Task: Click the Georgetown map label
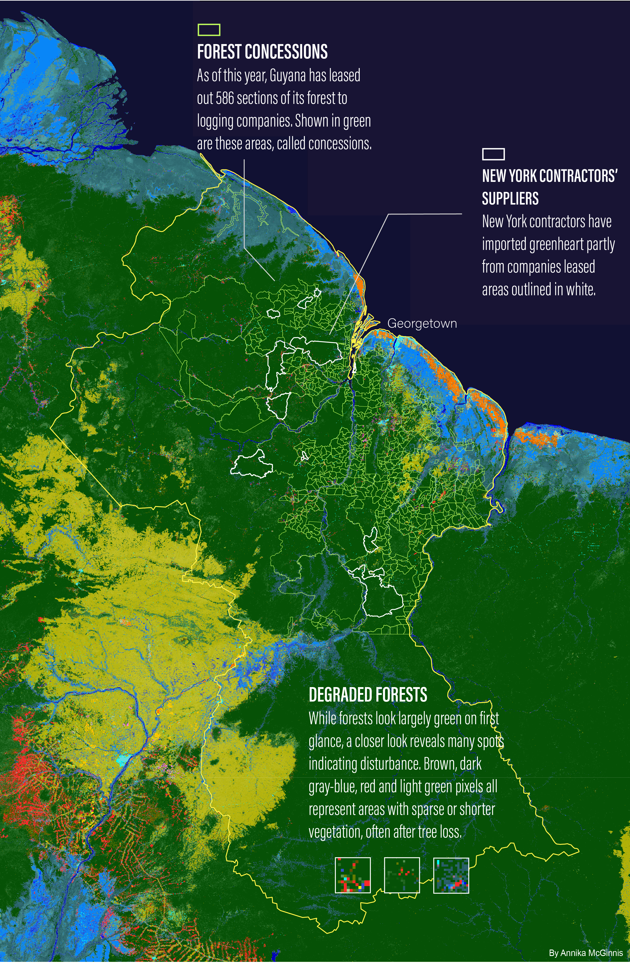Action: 422,323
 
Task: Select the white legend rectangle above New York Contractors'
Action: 493,154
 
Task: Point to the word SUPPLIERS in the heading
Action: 510,199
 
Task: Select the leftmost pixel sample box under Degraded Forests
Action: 353,875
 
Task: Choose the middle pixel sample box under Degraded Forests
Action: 402,875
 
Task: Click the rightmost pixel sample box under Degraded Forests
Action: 451,875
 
